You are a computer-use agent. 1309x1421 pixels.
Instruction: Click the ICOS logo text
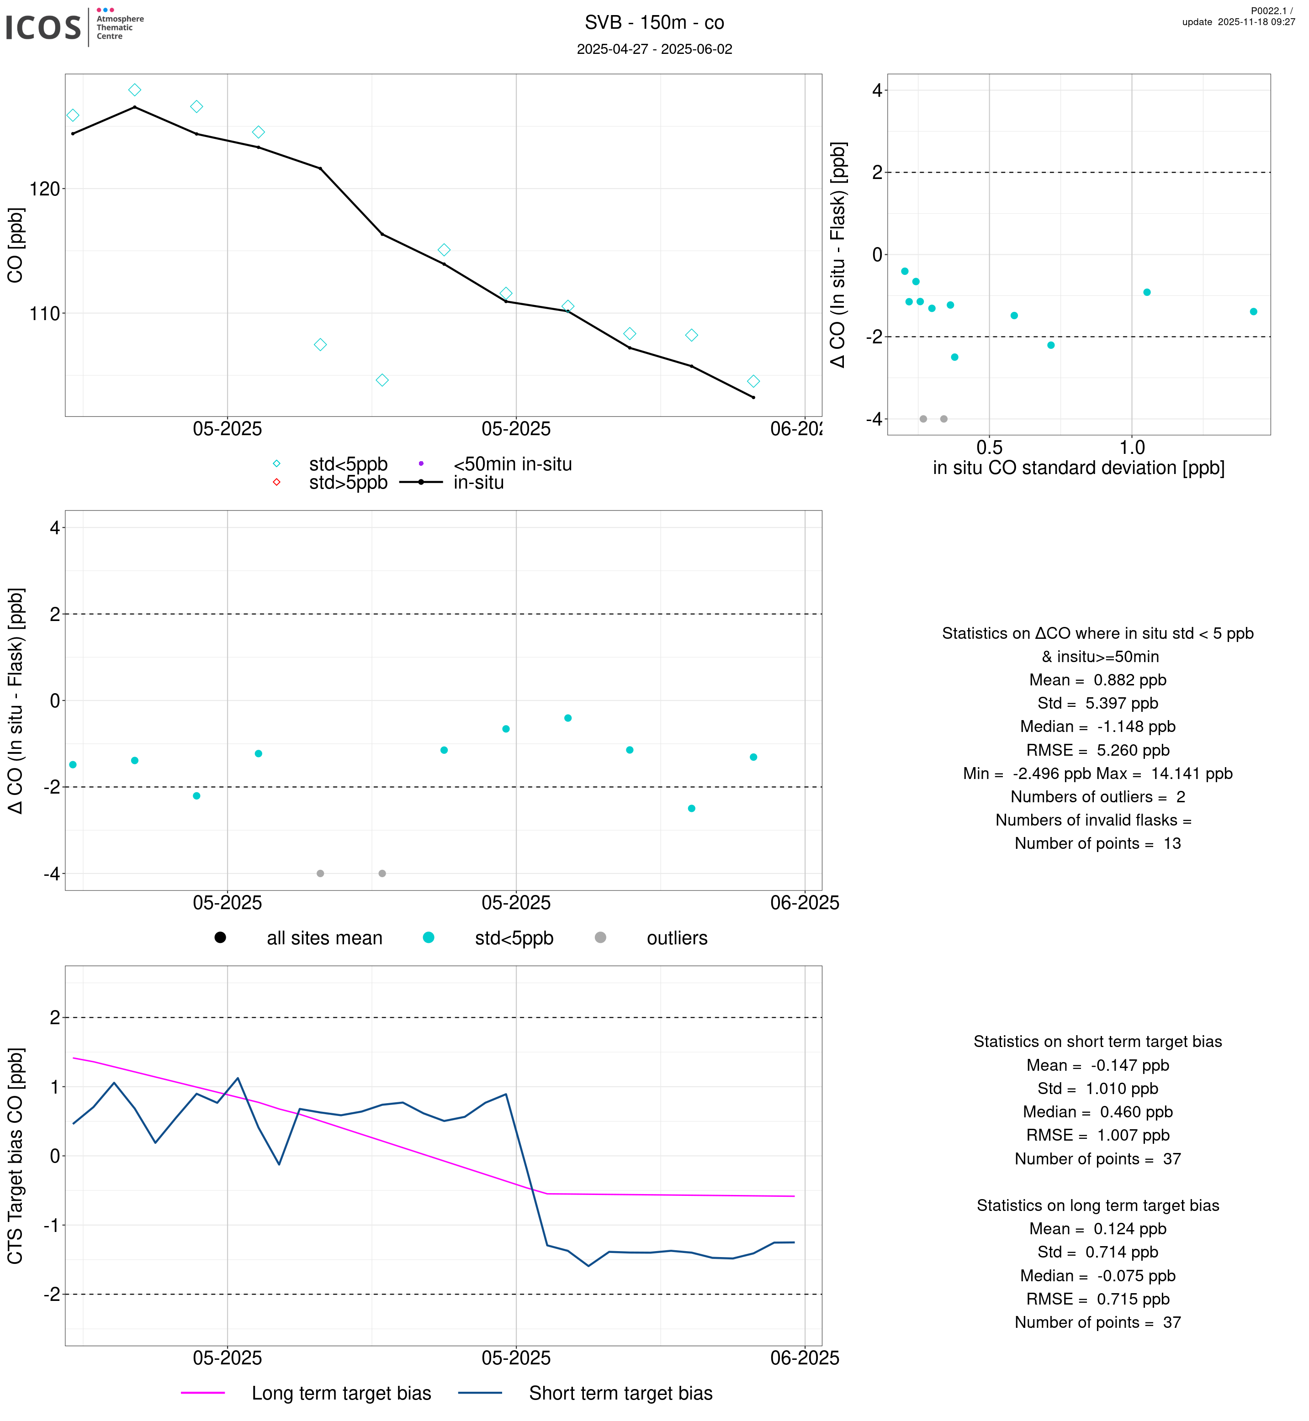[44, 27]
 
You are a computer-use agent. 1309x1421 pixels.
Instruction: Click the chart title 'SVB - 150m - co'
[654, 23]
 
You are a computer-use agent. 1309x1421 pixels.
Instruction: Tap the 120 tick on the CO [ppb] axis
[44, 189]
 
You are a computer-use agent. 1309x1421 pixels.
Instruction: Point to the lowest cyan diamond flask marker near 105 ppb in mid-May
[382, 380]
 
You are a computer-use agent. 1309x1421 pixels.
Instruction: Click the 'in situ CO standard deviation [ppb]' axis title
[1078, 468]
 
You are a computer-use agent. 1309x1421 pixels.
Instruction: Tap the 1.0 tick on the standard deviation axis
[1131, 447]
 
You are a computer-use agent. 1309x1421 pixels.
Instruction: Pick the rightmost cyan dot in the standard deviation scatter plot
[1253, 311]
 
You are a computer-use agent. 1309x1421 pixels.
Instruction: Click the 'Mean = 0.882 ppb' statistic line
[1097, 680]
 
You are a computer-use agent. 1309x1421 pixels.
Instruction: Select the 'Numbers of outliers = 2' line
[1097, 797]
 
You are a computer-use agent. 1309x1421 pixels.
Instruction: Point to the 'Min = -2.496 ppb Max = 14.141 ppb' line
[1097, 774]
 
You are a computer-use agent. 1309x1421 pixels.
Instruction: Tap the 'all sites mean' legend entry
[323, 938]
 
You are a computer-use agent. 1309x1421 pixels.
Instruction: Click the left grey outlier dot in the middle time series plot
[320, 874]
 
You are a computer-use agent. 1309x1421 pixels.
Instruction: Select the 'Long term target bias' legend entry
[341, 1394]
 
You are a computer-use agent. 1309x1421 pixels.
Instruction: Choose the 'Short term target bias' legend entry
[620, 1394]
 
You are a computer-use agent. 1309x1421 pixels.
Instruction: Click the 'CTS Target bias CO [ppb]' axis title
[16, 1156]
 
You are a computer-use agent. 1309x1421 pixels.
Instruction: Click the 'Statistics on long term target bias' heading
[1097, 1206]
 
